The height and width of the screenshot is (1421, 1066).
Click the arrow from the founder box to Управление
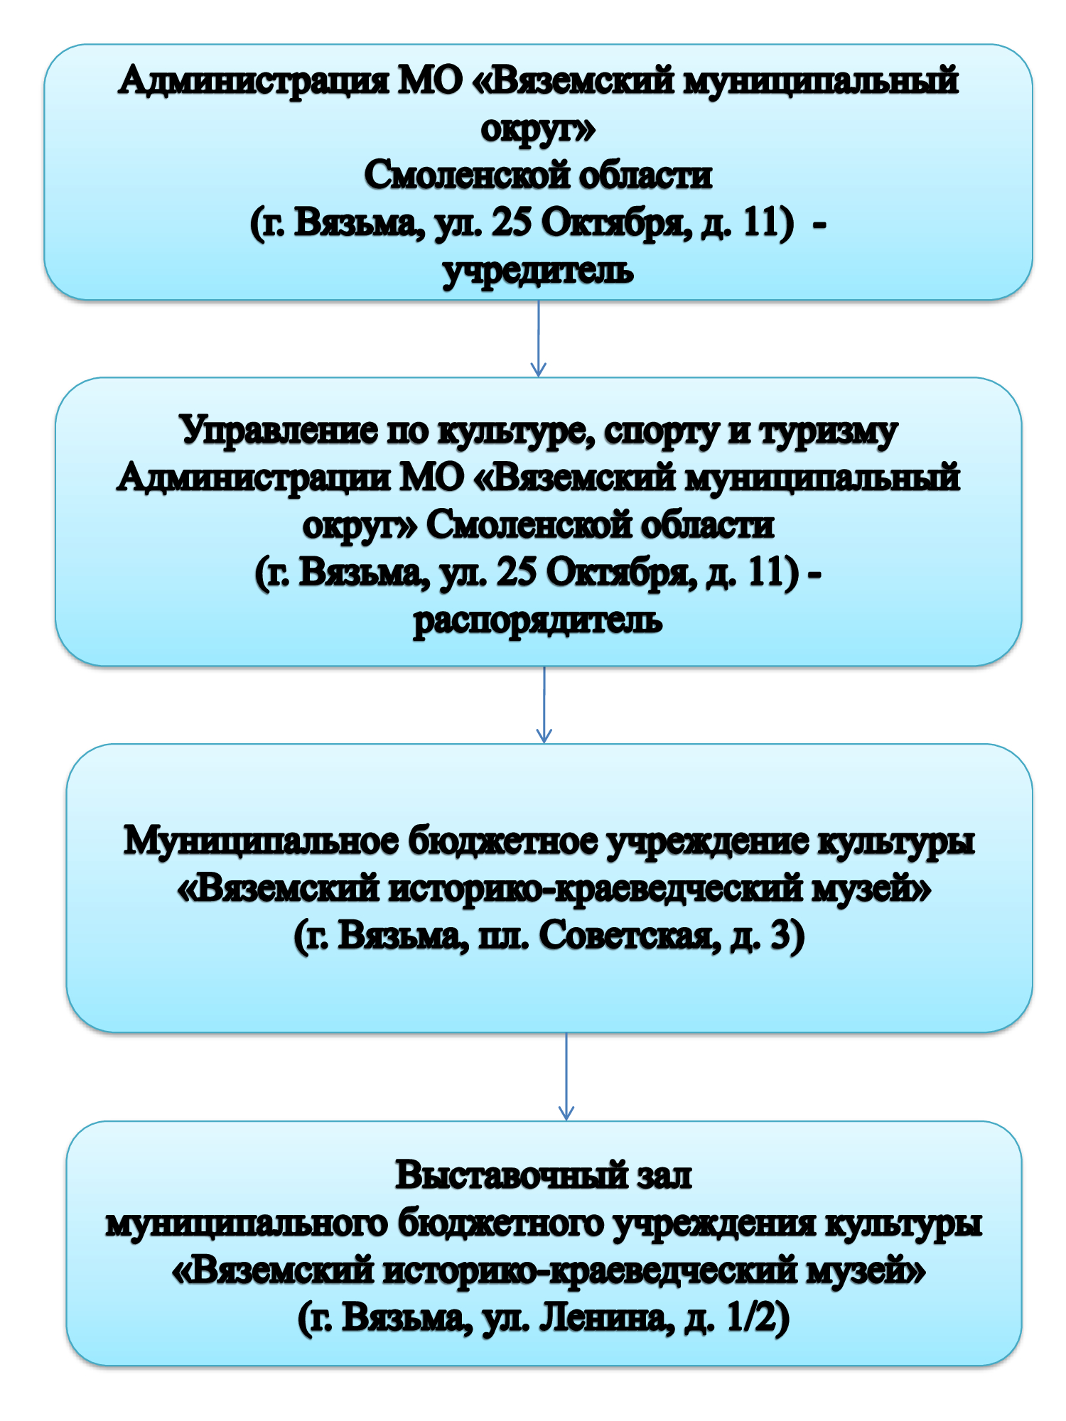pyautogui.click(x=539, y=338)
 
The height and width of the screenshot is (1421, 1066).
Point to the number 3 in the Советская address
pyautogui.click(x=780, y=935)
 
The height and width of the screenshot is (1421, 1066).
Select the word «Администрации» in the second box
pyautogui.click(x=254, y=477)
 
